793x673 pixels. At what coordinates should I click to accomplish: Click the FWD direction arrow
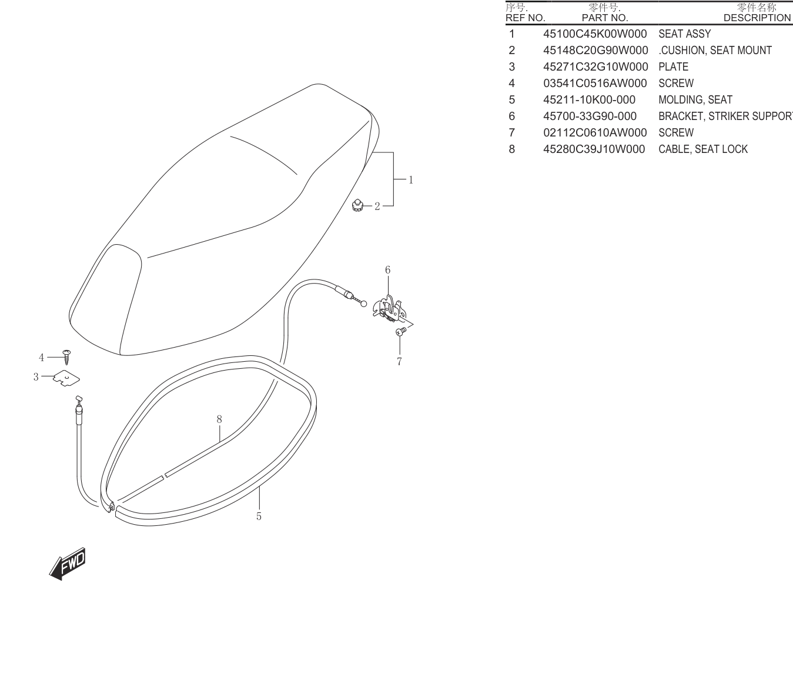(x=68, y=564)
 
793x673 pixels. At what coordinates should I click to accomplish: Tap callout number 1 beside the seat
(x=411, y=179)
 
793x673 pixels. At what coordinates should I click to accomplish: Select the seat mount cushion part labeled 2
(x=357, y=205)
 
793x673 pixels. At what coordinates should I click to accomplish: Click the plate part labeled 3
(x=66, y=378)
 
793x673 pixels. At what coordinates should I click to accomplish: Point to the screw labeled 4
(x=67, y=357)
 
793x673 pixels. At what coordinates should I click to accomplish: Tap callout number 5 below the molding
(x=259, y=517)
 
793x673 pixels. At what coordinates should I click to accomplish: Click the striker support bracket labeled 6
(x=389, y=308)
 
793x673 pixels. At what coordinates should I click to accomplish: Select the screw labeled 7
(x=400, y=331)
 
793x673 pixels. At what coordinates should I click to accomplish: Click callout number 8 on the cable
(x=219, y=419)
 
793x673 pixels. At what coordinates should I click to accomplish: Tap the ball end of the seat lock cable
(x=363, y=304)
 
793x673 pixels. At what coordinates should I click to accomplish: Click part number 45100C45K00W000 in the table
(x=595, y=34)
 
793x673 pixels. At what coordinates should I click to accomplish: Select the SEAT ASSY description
(x=684, y=34)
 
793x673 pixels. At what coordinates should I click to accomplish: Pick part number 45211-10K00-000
(x=589, y=100)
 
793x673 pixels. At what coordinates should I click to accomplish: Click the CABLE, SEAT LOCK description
(x=703, y=149)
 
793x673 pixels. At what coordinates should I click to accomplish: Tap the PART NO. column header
(x=605, y=18)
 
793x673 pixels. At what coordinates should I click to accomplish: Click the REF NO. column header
(x=525, y=18)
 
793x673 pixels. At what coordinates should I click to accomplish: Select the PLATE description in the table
(x=673, y=67)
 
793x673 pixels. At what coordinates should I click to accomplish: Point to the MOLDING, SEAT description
(x=695, y=100)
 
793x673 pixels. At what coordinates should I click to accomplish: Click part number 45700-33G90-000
(x=590, y=116)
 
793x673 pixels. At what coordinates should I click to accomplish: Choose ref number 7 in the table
(x=511, y=132)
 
